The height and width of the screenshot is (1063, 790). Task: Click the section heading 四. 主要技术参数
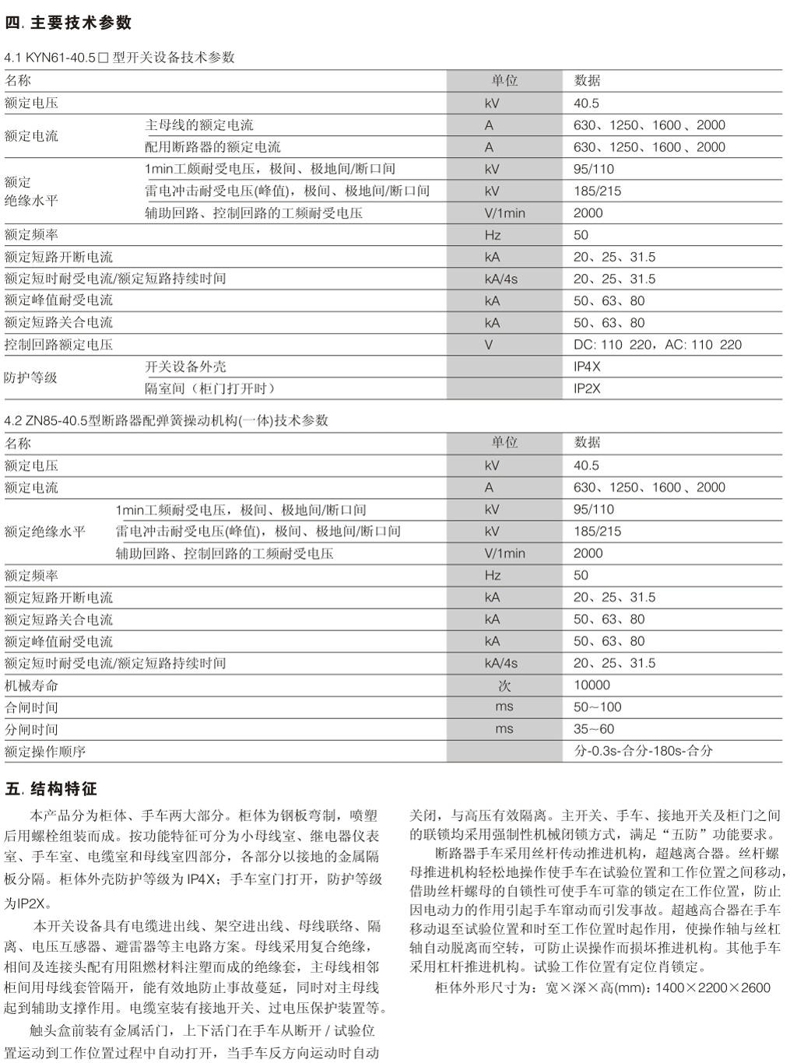tap(68, 23)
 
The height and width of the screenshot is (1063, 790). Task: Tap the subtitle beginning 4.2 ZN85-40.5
tap(167, 421)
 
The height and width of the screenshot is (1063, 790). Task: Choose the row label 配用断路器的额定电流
tap(212, 147)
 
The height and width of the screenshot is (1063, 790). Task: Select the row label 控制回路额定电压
tap(58, 345)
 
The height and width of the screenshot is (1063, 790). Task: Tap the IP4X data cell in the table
tap(587, 367)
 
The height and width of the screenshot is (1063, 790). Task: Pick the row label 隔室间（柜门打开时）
tap(210, 388)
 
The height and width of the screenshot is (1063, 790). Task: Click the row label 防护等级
tap(31, 377)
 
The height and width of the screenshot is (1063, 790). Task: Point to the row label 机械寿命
tap(31, 686)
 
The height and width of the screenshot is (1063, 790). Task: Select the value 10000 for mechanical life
tap(592, 686)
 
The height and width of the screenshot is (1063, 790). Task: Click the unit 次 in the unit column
tap(504, 686)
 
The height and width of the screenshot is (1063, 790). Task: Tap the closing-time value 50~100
tap(598, 707)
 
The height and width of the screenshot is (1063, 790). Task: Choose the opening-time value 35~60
tap(594, 729)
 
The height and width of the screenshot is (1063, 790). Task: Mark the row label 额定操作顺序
tap(45, 752)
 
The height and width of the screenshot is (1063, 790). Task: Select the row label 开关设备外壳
tap(185, 367)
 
